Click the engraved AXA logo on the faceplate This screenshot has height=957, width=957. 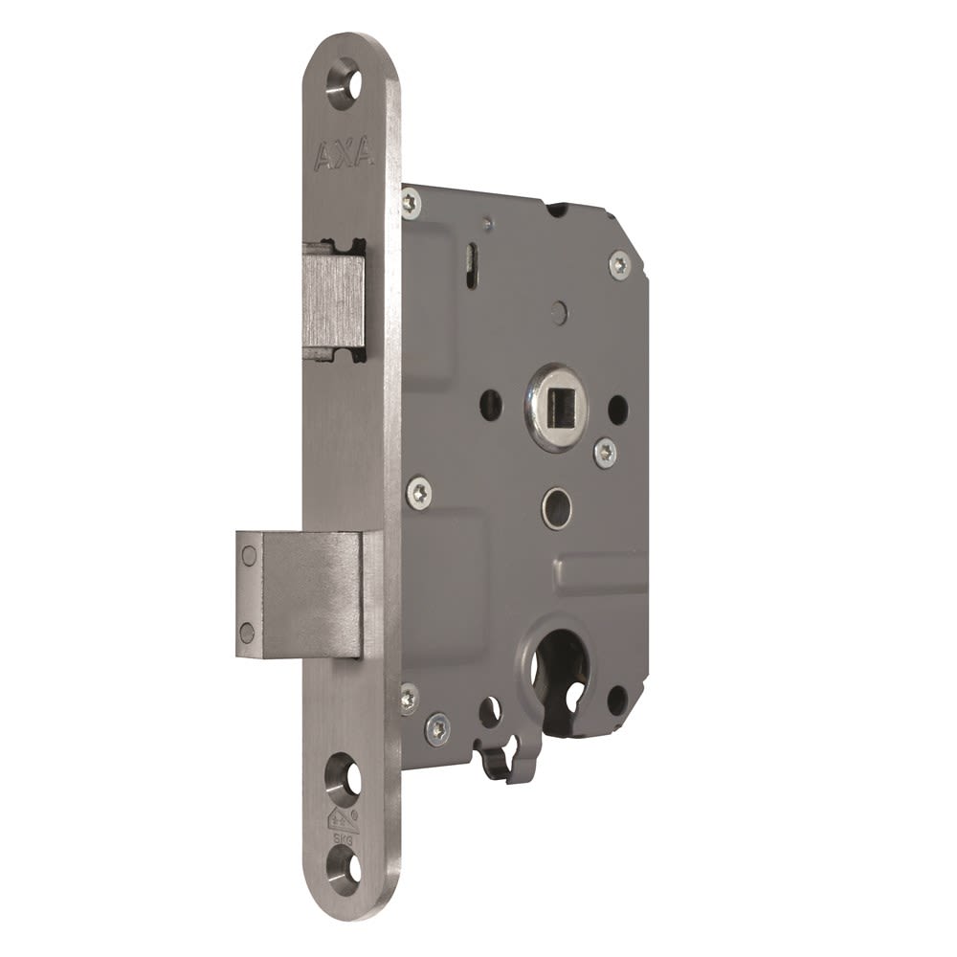point(345,155)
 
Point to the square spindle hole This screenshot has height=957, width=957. point(555,406)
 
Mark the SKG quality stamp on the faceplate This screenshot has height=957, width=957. point(342,827)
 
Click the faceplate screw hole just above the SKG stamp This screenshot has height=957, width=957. point(344,779)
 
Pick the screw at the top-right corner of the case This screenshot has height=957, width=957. point(620,264)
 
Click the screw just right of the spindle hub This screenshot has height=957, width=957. point(604,453)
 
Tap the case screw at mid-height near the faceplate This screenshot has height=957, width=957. point(418,493)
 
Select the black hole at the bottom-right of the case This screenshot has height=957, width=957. point(616,700)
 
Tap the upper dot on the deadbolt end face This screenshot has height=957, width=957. point(249,555)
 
